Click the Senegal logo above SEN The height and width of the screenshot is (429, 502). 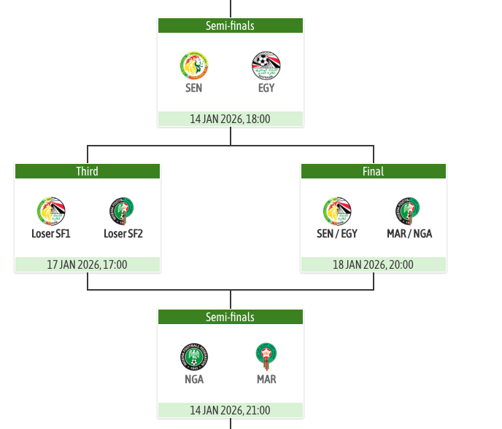click(193, 66)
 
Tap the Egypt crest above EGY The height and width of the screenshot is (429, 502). click(266, 66)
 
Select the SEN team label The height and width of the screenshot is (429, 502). click(193, 88)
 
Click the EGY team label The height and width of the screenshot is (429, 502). click(266, 88)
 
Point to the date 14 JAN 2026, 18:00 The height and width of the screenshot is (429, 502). click(230, 119)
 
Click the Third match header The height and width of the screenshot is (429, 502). click(87, 171)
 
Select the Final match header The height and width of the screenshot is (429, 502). click(373, 171)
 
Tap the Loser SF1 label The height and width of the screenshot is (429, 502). click(51, 234)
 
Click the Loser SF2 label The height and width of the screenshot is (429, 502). click(123, 234)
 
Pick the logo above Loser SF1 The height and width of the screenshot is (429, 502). click(51, 211)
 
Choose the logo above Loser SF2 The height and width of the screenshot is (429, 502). click(123, 211)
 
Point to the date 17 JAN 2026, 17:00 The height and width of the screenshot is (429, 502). click(87, 264)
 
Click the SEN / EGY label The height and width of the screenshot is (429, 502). click(337, 234)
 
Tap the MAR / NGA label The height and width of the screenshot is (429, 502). click(409, 234)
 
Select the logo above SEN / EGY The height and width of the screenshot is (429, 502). click(337, 211)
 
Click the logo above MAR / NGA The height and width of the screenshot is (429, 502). click(409, 211)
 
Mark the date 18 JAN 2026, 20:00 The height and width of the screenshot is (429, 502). click(373, 264)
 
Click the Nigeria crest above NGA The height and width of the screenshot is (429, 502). click(193, 357)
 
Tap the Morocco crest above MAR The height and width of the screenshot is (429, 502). click(266, 357)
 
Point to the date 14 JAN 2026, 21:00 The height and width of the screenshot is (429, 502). click(230, 410)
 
